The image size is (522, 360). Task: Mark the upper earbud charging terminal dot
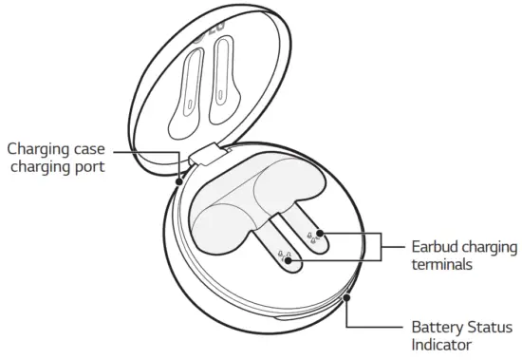tap(320, 232)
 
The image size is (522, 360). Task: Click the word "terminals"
tap(441, 263)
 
